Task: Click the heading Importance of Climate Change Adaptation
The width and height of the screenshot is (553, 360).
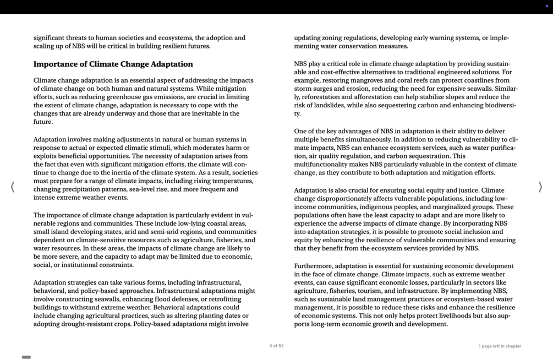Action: coord(113,64)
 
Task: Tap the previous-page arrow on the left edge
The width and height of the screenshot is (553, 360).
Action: coord(13,187)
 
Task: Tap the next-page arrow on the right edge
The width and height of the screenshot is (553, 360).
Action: coord(540,187)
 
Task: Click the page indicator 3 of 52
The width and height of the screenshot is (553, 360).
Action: coord(276,346)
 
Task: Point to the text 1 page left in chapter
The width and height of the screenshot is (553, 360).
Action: coord(499,346)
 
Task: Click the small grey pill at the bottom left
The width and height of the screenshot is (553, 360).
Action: coord(26,357)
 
